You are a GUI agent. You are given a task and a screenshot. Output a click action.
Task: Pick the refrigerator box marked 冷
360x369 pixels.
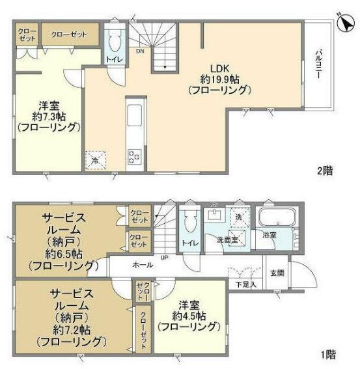pyautogui.click(x=95, y=159)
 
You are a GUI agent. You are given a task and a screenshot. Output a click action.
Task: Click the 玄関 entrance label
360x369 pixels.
pyautogui.click(x=277, y=273)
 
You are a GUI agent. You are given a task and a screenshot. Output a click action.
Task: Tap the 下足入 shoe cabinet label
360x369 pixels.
pyautogui.click(x=245, y=284)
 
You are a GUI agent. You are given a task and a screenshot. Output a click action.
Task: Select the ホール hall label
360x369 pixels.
pyautogui.click(x=143, y=265)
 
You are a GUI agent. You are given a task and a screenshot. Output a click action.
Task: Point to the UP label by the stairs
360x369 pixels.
pyautogui.click(x=165, y=258)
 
